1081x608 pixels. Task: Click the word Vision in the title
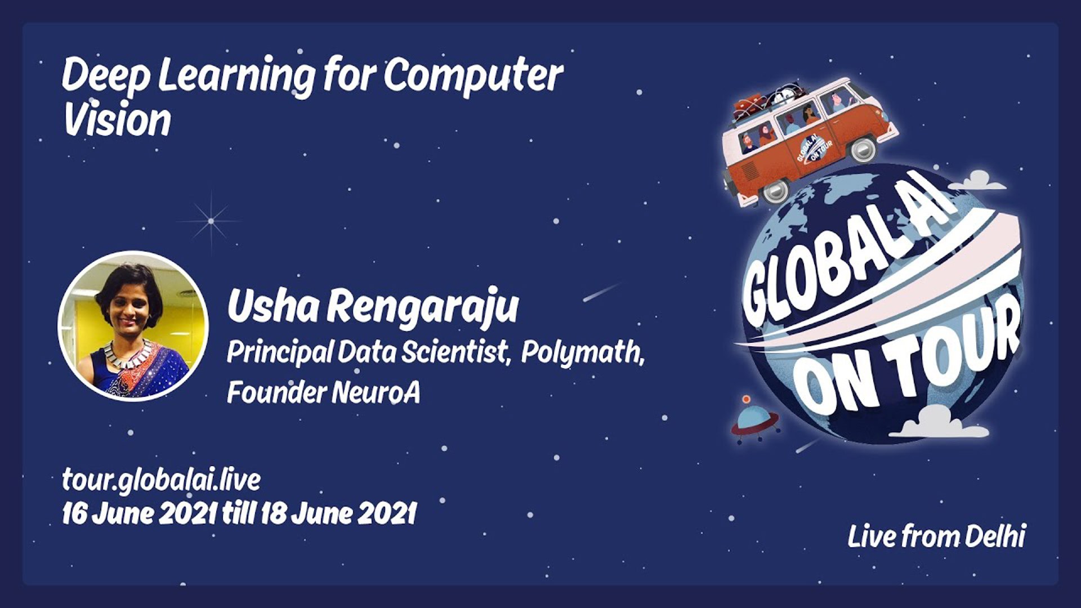[x=117, y=119]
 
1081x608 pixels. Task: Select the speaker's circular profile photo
[x=133, y=326]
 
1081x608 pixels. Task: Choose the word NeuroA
[x=376, y=392]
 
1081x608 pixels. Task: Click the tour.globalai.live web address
[x=161, y=480]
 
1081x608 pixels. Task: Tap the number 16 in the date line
[x=73, y=513]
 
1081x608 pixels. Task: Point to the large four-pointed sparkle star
[x=211, y=221]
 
